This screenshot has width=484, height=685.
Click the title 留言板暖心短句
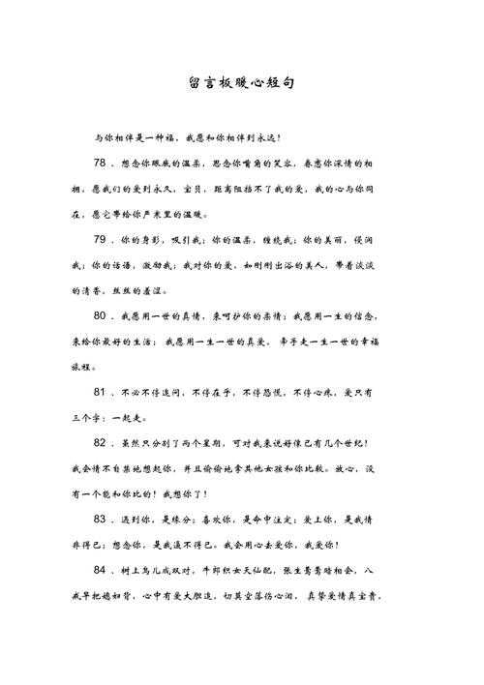click(242, 83)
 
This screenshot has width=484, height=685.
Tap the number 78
click(105, 163)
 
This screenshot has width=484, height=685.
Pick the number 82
click(105, 443)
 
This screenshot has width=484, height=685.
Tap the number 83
click(105, 520)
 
